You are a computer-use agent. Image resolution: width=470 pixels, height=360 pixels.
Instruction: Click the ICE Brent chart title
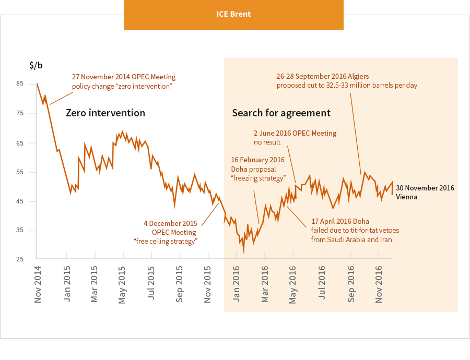(x=233, y=14)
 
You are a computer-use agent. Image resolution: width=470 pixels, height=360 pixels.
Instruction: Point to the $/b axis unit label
(x=36, y=65)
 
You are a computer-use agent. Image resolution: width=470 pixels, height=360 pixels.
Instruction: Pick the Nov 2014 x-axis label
(x=38, y=284)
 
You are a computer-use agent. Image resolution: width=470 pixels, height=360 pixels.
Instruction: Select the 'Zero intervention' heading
(x=105, y=113)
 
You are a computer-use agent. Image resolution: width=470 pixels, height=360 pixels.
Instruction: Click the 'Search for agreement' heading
(x=281, y=113)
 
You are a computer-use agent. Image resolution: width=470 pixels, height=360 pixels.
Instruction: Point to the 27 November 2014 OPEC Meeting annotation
(x=123, y=81)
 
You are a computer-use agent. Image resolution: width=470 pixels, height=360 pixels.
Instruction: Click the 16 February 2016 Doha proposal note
(x=258, y=169)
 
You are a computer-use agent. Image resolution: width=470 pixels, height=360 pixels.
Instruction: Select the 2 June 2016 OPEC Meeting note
(x=295, y=138)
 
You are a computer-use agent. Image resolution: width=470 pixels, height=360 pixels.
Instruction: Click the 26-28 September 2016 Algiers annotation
(x=347, y=80)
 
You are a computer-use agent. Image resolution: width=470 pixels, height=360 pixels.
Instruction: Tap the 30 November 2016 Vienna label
(x=425, y=192)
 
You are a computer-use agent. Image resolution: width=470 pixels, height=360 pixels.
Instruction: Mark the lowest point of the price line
(x=244, y=253)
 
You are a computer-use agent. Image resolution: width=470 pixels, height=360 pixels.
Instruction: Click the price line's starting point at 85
(x=37, y=84)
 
